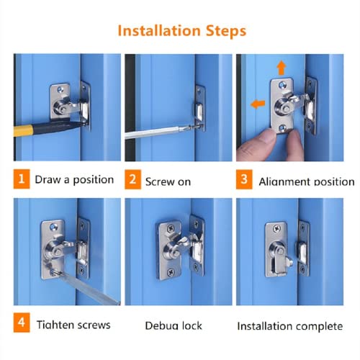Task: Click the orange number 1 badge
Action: coord(22,179)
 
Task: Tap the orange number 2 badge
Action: coord(132,180)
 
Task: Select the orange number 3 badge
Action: coord(244,179)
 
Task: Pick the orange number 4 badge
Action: coord(22,323)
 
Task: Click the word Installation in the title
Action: coord(159,31)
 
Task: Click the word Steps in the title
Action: coord(226,32)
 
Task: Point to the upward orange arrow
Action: coord(282,68)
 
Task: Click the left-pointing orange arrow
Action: coord(258,104)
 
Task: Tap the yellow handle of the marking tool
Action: coord(23,130)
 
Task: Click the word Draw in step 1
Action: coord(48,179)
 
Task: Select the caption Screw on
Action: coord(168,181)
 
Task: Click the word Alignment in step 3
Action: coord(284,181)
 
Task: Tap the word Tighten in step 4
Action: coord(55,325)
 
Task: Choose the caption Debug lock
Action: coord(174,325)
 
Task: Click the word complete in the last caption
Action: coord(320,327)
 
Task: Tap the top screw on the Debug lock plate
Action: coord(171,228)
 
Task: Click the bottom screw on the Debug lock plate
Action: coord(171,272)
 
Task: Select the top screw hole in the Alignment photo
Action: coord(282,85)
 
